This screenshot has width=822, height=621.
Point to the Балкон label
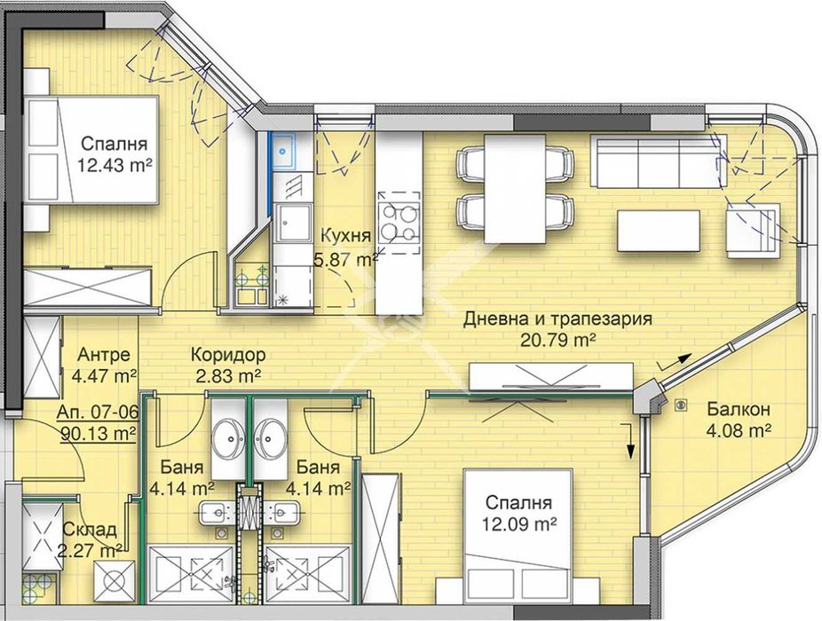click(738, 410)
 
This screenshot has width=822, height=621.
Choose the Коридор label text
click(228, 355)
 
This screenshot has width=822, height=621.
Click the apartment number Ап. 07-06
click(97, 413)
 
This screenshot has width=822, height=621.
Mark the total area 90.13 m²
click(99, 433)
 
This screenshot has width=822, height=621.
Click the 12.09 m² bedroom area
click(519, 523)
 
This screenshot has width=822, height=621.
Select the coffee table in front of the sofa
click(655, 230)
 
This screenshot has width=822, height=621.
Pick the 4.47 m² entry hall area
click(104, 374)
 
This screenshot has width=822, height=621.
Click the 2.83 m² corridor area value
click(227, 374)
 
